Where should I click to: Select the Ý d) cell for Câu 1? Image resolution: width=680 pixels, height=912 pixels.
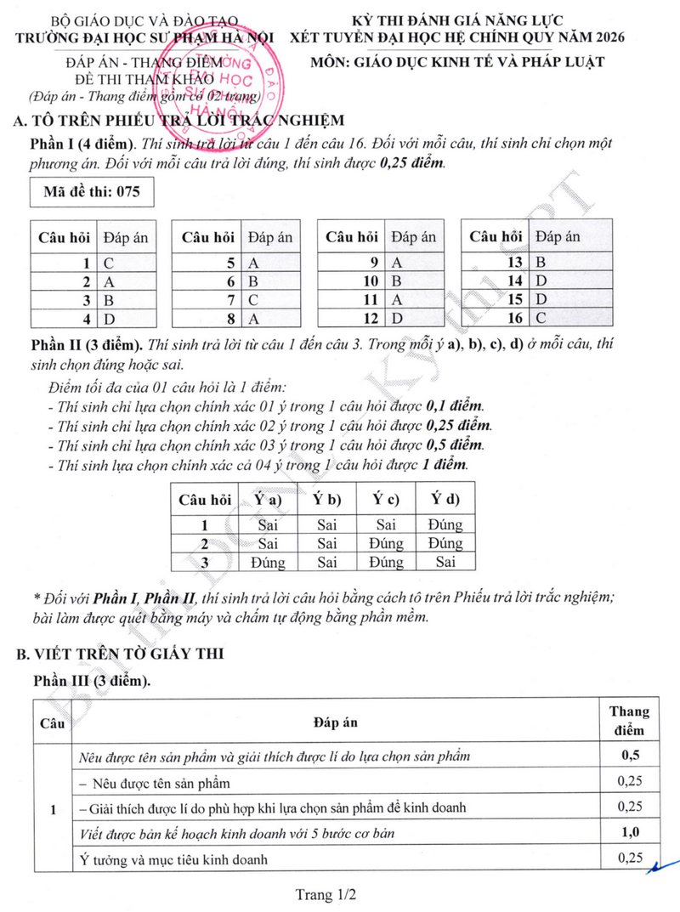(445, 525)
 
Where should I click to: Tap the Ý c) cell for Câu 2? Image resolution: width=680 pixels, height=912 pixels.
(387, 543)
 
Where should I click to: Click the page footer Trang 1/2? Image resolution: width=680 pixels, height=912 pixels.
(325, 894)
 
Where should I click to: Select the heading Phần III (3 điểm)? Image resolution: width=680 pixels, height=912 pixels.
(94, 682)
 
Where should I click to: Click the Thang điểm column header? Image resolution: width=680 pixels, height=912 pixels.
(629, 720)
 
